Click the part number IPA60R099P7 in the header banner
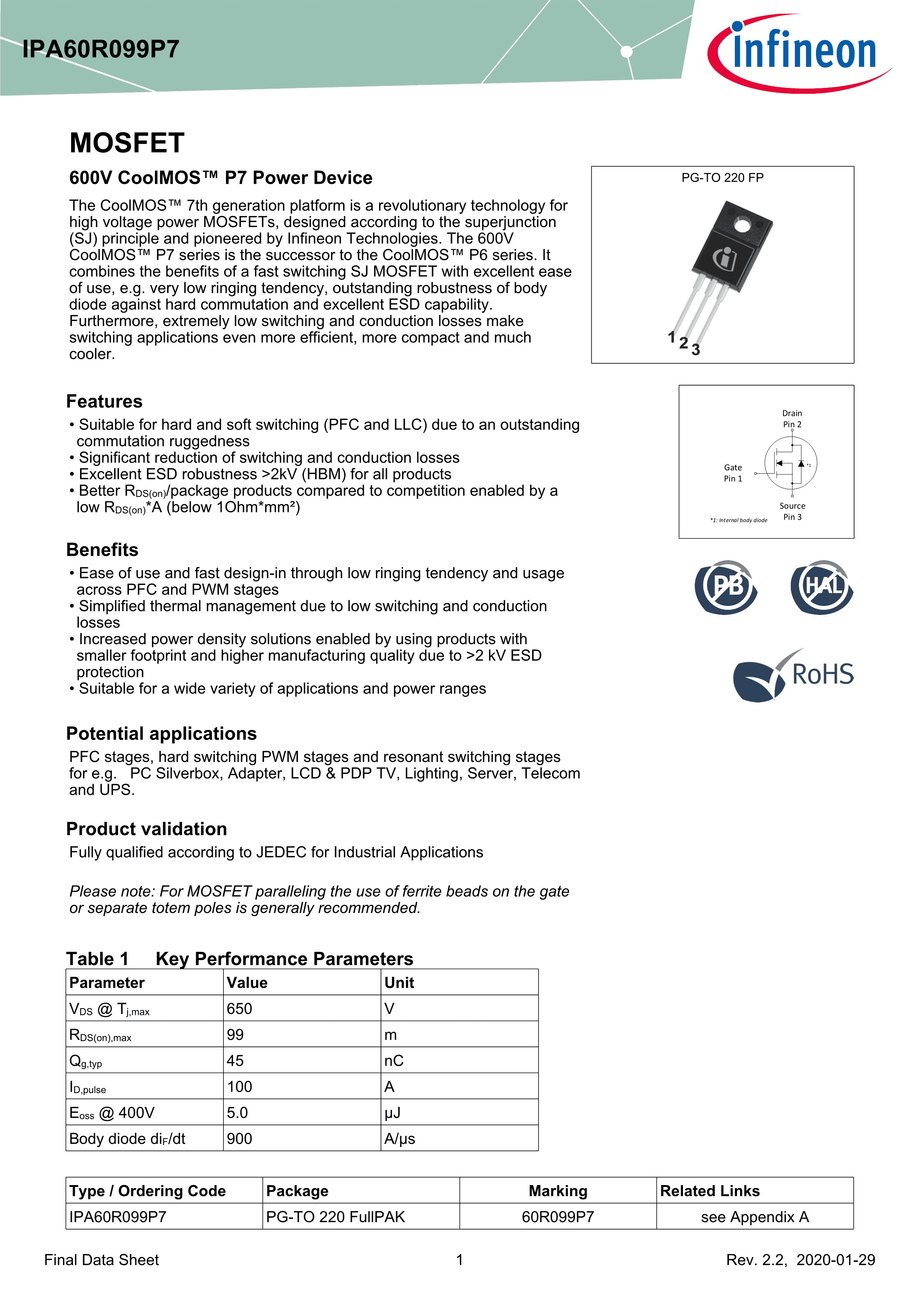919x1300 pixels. point(101,50)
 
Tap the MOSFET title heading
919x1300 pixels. point(127,143)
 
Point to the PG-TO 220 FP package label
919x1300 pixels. point(722,178)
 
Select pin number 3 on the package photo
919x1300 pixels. point(696,350)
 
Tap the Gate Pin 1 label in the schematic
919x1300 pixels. point(733,473)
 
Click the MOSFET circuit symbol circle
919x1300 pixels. point(790,463)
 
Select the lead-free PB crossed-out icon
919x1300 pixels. point(726,587)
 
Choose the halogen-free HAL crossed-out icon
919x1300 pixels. point(822,587)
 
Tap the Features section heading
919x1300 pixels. point(104,401)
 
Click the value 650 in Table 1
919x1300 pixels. point(239,1008)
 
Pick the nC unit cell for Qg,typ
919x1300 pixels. point(394,1061)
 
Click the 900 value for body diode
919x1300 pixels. point(239,1139)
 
